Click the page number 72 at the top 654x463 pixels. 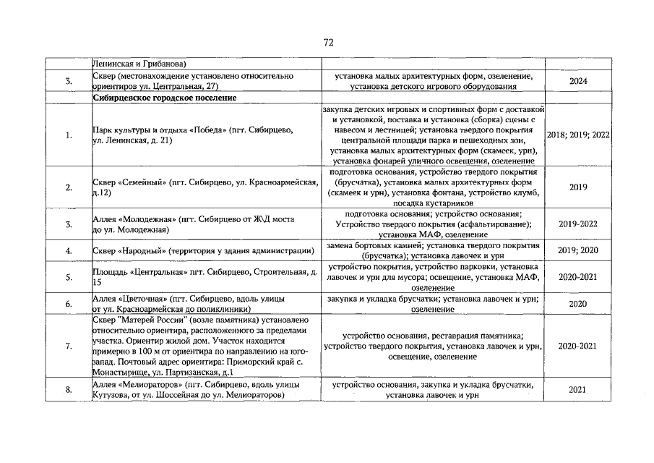pyautogui.click(x=327, y=43)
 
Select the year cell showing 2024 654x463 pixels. pyautogui.click(x=577, y=82)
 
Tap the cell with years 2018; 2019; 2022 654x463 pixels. pyautogui.click(x=577, y=135)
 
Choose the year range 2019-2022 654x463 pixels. pyautogui.click(x=577, y=224)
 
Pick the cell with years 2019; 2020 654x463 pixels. pyautogui.click(x=577, y=251)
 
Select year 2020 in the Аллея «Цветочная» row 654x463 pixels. pyautogui.click(x=577, y=304)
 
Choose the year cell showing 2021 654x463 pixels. pyautogui.click(x=577, y=391)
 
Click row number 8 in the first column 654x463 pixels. pyautogui.click(x=67, y=391)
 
